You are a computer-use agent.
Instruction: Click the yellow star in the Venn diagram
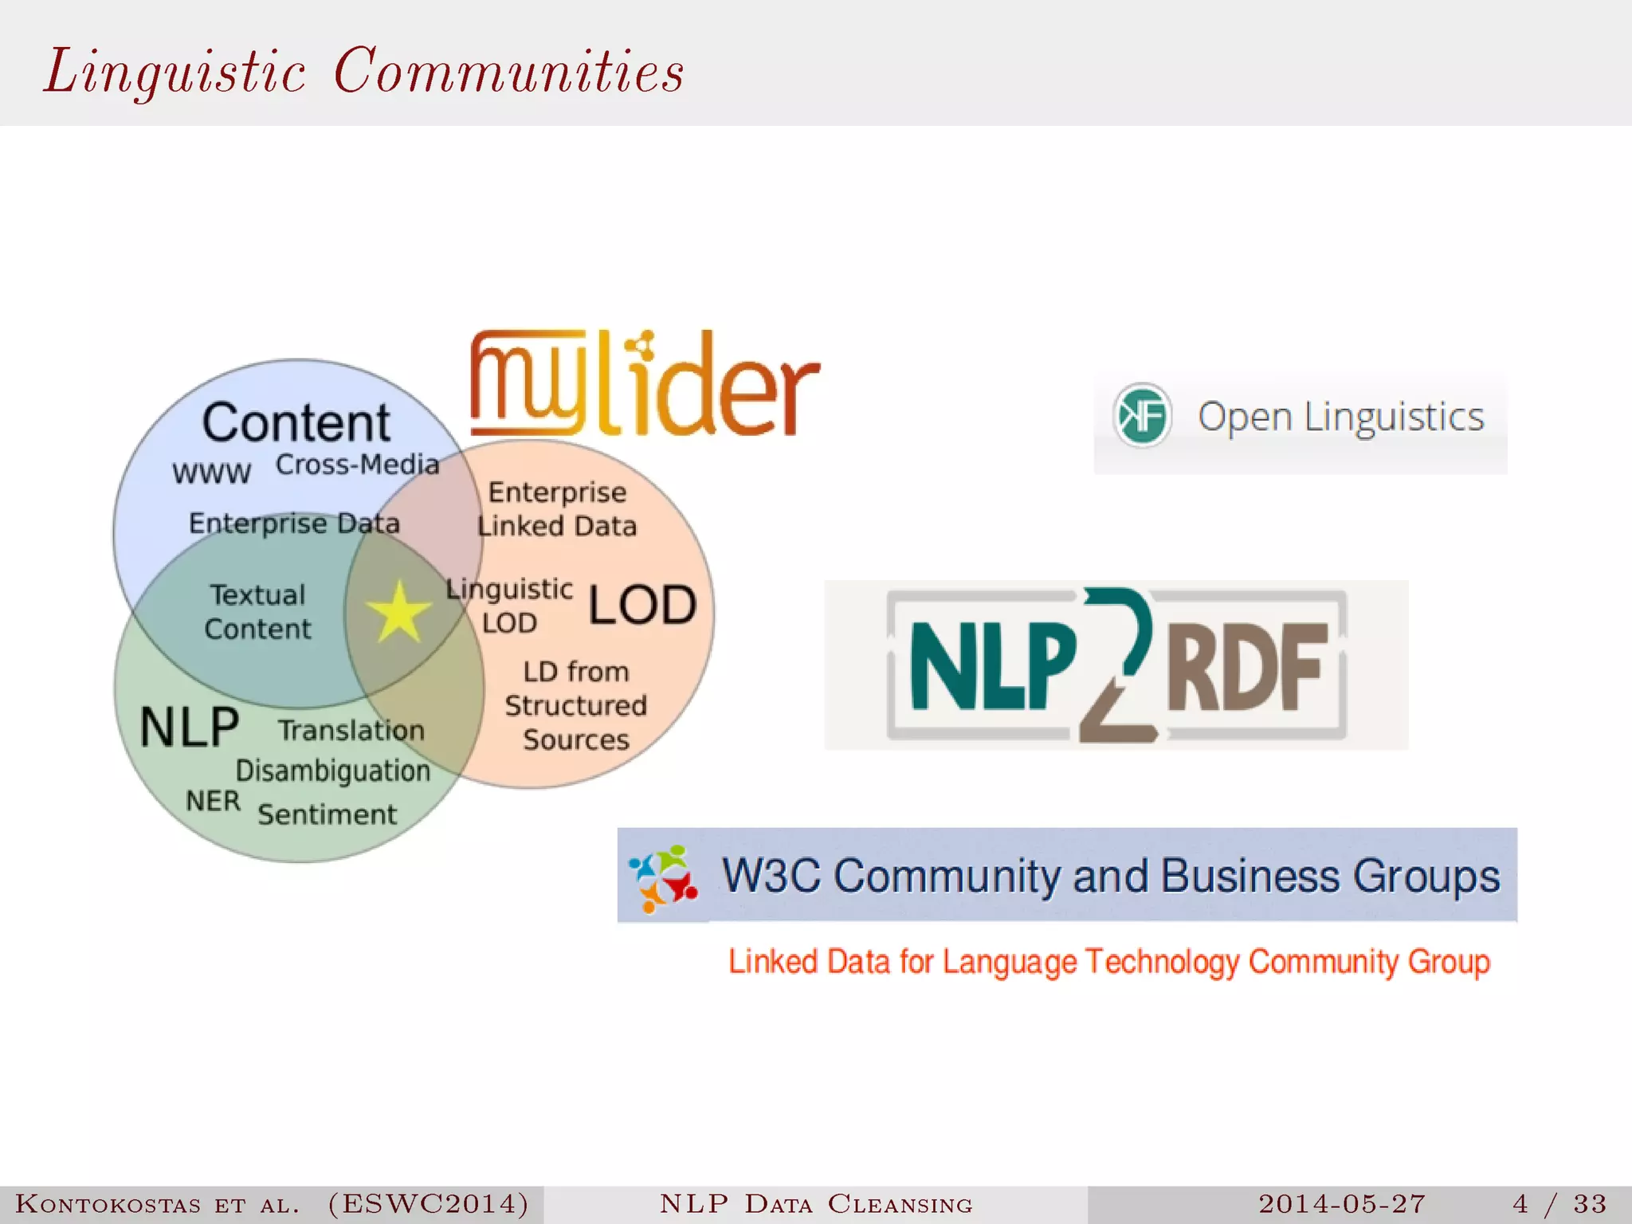point(398,612)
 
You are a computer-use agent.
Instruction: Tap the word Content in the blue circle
point(296,422)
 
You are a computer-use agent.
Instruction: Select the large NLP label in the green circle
point(190,727)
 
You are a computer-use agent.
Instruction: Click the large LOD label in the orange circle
point(642,605)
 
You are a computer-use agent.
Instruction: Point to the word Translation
point(351,730)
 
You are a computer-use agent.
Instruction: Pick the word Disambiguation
point(332,771)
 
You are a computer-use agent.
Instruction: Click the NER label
point(213,801)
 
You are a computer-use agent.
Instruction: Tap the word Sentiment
point(327,814)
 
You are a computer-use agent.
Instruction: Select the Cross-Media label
point(357,465)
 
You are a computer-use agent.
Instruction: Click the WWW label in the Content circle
point(212,473)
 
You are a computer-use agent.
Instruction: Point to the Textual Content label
point(257,612)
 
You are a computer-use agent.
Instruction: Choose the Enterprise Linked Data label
point(557,509)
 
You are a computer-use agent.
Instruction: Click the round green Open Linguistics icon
point(1142,415)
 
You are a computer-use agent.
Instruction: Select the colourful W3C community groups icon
point(663,877)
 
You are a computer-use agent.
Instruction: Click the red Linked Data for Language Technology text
point(1108,962)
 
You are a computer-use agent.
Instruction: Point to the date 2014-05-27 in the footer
point(1342,1203)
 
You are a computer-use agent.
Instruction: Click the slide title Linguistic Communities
point(364,72)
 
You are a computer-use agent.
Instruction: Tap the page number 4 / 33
point(1559,1203)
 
